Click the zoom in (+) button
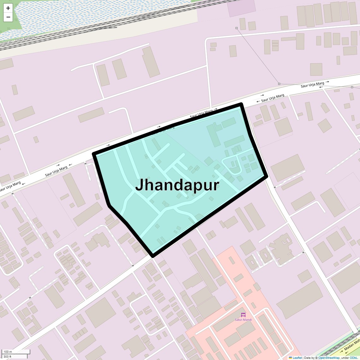(x=8, y=8)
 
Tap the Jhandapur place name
(x=177, y=185)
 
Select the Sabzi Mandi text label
(x=243, y=320)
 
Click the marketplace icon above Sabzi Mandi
(x=243, y=315)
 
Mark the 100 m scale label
(x=8, y=352)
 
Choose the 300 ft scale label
(x=8, y=357)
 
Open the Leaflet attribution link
(x=297, y=358)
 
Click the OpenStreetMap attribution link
(x=329, y=358)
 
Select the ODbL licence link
(x=353, y=358)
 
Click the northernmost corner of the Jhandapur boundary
(x=241, y=104)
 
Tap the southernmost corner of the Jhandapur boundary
(x=153, y=255)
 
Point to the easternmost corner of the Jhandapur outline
(x=266, y=177)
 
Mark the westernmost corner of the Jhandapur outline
(x=94, y=154)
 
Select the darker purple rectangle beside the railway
(x=242, y=8)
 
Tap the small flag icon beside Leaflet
(x=291, y=358)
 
